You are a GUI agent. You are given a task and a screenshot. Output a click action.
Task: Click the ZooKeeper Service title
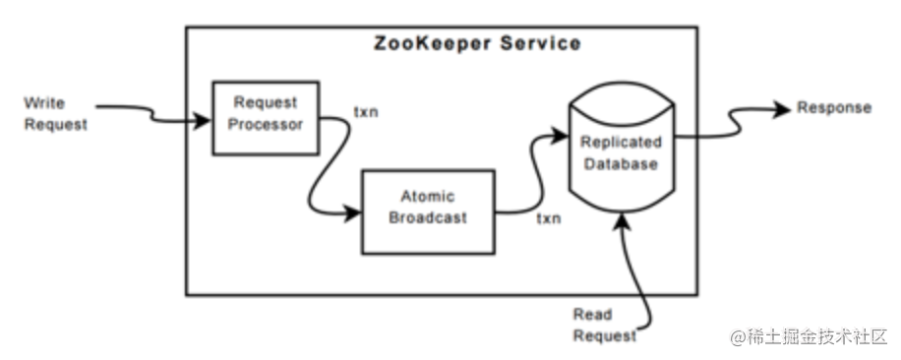(x=477, y=44)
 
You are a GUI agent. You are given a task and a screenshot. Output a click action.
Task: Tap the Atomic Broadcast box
(x=427, y=208)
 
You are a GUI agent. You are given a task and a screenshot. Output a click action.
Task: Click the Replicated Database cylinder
(x=619, y=157)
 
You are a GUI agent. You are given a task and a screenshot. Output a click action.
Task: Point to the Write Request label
(x=55, y=113)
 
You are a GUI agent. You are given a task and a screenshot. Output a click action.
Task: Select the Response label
(x=833, y=108)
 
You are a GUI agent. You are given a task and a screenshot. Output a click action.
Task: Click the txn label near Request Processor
(x=366, y=110)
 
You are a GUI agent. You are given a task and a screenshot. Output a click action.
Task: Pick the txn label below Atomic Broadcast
(x=548, y=217)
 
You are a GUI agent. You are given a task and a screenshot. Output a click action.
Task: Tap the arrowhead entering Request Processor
(x=205, y=122)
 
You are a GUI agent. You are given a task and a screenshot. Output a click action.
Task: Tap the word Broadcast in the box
(x=427, y=217)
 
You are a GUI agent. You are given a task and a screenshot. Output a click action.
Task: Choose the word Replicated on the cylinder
(x=619, y=142)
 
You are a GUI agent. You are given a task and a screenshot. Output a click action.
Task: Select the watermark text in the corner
(x=808, y=335)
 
